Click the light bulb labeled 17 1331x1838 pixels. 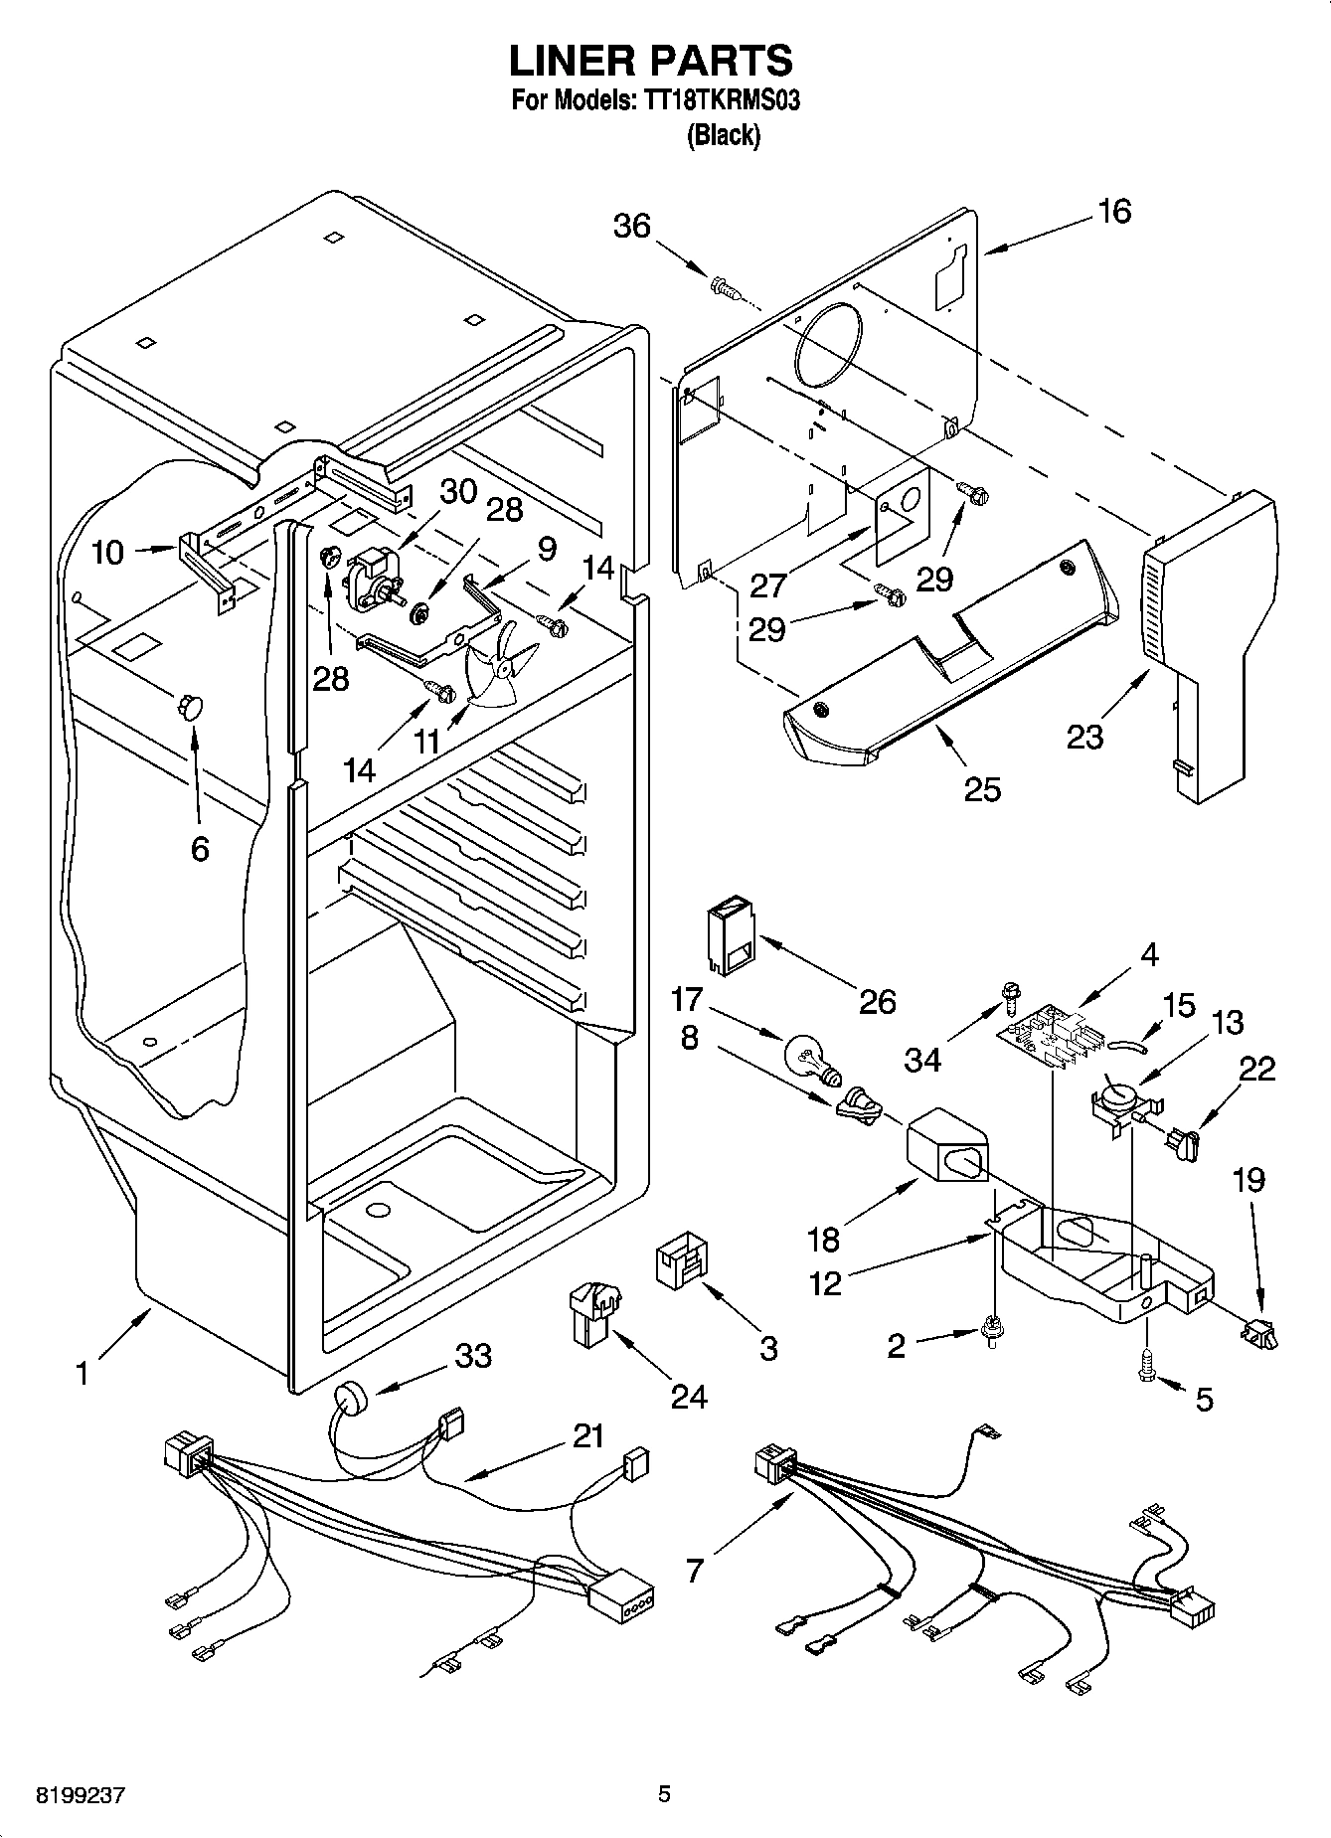811,1057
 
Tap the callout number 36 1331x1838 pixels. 631,227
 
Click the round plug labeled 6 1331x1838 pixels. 188,706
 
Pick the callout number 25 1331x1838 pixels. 982,788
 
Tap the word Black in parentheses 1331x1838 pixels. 724,136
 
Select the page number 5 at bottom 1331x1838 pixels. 664,1793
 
